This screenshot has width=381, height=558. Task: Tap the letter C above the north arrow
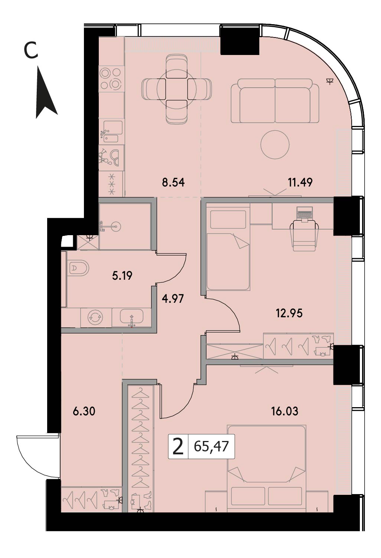tap(31, 51)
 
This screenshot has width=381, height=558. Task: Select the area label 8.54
tap(173, 183)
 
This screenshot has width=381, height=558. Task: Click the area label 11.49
tap(300, 183)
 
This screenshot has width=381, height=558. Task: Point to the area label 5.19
tap(122, 276)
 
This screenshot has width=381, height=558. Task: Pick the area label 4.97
tap(173, 298)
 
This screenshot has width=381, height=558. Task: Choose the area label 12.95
tap(289, 313)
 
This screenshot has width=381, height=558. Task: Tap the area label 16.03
tap(284, 411)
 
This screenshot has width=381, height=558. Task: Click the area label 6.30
tap(84, 411)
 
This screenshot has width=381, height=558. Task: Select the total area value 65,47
tap(211, 446)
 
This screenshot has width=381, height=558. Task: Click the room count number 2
tap(178, 447)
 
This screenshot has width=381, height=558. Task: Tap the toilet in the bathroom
tap(78, 268)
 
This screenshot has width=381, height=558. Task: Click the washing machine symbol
tap(96, 318)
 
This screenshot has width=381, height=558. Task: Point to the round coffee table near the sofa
tap(275, 144)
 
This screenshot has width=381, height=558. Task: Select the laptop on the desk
tap(304, 214)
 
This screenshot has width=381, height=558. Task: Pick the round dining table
tap(176, 89)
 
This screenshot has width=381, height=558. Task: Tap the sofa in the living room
tap(275, 101)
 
